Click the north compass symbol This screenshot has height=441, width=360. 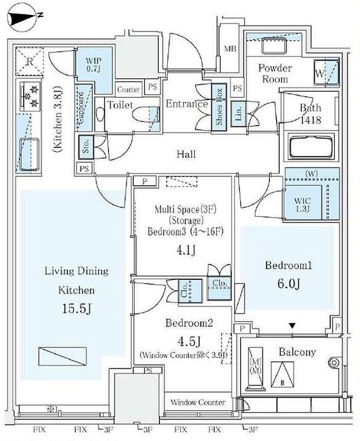click(x=22, y=17)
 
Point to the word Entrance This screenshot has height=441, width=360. click(x=187, y=104)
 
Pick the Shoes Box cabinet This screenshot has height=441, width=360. click(x=220, y=105)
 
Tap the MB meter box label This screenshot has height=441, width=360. click(x=229, y=49)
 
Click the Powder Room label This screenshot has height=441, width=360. click(x=275, y=74)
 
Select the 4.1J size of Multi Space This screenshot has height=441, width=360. click(x=184, y=251)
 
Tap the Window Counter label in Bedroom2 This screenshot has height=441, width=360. click(x=197, y=402)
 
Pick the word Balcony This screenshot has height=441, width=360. click(x=297, y=352)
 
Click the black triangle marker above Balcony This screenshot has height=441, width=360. click(x=292, y=326)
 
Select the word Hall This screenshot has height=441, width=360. click(x=186, y=154)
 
